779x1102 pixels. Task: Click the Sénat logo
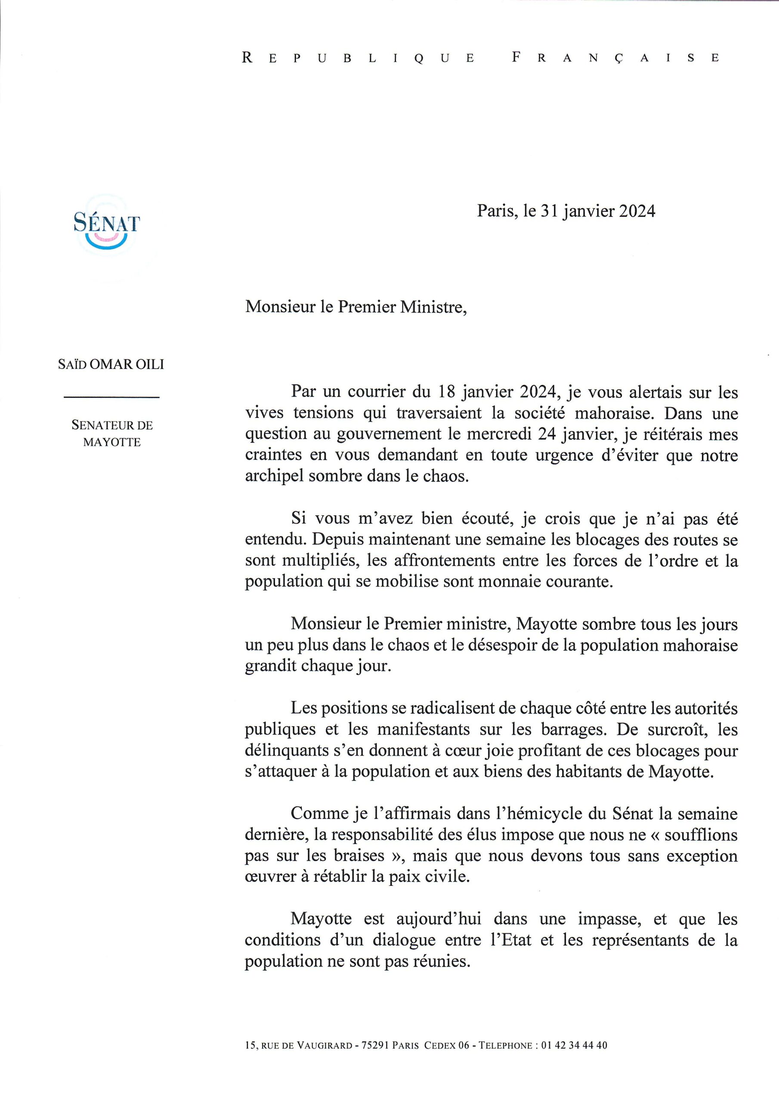coord(107,226)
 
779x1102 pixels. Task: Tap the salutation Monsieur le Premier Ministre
coord(355,306)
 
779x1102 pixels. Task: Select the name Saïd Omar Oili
coord(111,364)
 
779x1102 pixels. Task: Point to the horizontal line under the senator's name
coord(111,397)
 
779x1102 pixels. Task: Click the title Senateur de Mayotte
coord(112,433)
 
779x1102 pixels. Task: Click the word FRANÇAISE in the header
coord(616,58)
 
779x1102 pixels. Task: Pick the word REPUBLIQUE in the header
coord(358,58)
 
